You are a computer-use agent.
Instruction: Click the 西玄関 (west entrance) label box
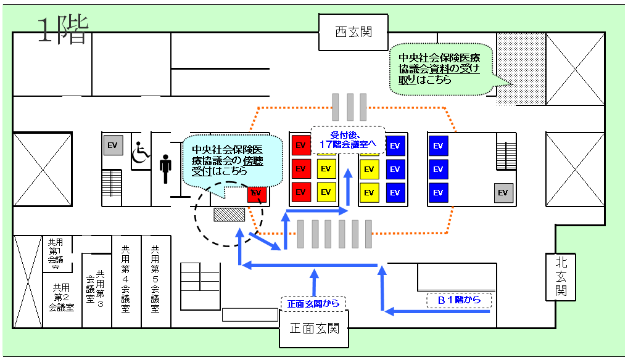point(353,32)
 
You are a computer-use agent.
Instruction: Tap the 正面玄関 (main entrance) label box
point(315,329)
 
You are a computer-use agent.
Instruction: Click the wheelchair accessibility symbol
point(141,151)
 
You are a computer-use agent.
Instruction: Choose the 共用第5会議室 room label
point(155,278)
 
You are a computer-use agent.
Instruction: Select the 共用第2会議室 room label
point(61,297)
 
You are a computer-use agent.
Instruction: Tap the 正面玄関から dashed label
point(314,303)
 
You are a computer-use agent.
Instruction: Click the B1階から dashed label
point(460,300)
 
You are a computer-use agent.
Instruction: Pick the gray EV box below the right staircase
point(503,192)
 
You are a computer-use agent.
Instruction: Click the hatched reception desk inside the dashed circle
point(229,214)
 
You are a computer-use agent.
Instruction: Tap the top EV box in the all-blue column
point(437,146)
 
